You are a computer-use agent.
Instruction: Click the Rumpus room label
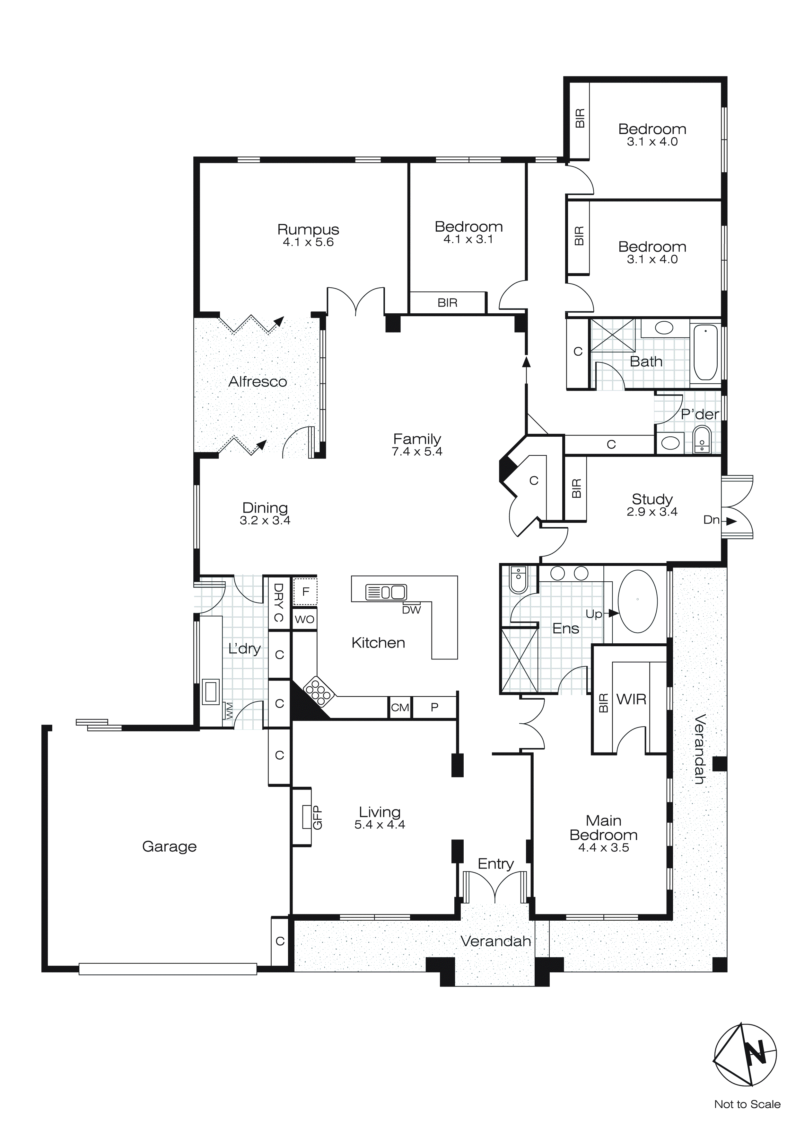(308, 229)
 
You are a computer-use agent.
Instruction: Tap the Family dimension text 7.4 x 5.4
(417, 452)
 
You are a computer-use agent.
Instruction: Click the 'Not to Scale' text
(747, 1104)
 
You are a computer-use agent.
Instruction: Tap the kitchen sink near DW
(386, 593)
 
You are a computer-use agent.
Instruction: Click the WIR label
(631, 699)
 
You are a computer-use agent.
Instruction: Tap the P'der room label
(699, 415)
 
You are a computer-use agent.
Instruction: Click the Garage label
(169, 846)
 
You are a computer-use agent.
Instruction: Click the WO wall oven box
(304, 620)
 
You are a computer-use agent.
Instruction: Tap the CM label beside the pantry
(400, 708)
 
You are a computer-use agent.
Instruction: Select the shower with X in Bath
(612, 335)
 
